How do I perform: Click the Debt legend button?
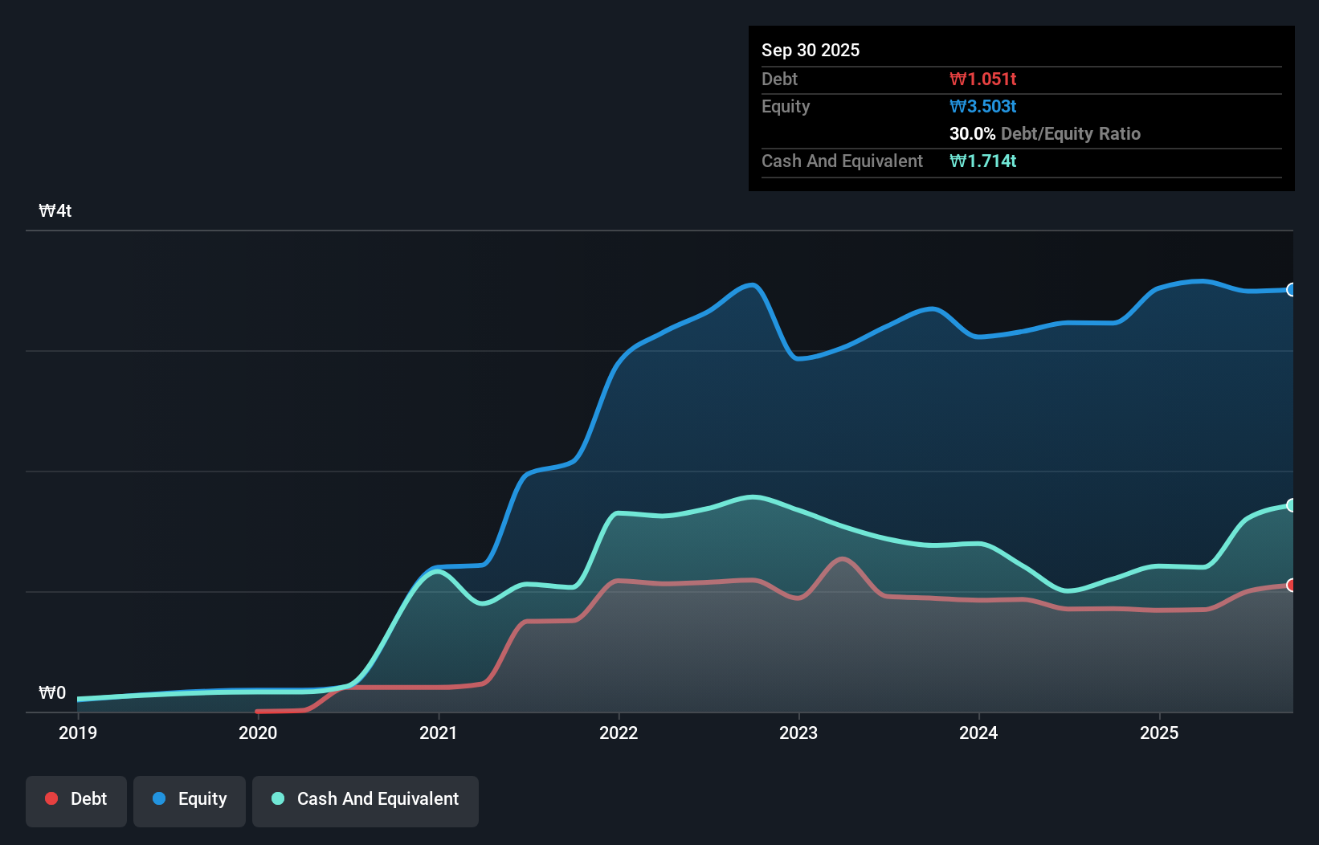coord(76,800)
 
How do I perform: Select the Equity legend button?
coord(190,800)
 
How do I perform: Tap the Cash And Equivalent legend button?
coord(365,800)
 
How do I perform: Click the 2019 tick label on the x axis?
coord(78,733)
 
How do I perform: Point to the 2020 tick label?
coord(258,733)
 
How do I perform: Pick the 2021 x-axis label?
coord(438,733)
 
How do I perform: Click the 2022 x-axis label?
coord(619,733)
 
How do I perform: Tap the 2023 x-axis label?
coord(798,733)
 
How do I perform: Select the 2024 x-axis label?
coord(978,733)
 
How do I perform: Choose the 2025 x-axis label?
coord(1159,733)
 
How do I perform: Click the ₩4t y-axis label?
coord(55,211)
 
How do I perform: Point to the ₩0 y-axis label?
coord(52,693)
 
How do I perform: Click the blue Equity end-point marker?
coord(1291,290)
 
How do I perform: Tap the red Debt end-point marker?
coord(1291,585)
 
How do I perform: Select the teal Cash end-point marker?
coord(1291,505)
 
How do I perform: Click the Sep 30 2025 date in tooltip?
coord(810,50)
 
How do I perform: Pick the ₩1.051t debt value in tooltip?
coord(982,79)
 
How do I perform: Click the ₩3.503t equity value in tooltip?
coord(982,106)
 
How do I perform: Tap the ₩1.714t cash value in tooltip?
coord(982,161)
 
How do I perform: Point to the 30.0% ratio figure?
coord(972,133)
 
